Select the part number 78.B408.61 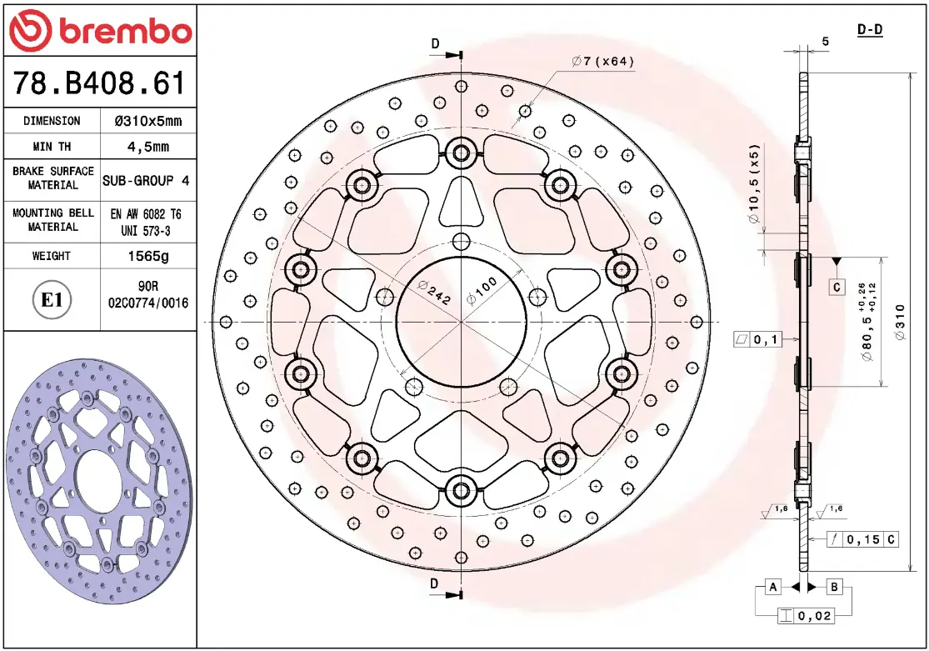[99, 83]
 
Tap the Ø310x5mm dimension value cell [148, 121]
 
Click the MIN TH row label [52, 147]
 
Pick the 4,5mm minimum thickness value [148, 147]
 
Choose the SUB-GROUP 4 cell [147, 180]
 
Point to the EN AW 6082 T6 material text [146, 214]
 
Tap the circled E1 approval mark [52, 299]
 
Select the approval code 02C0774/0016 [148, 303]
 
